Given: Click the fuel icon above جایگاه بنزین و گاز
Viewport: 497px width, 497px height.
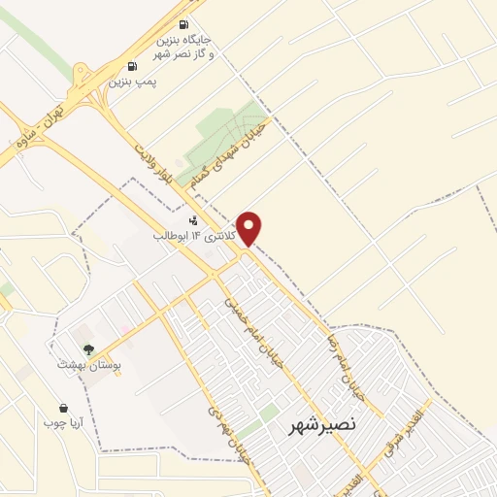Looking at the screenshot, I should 185,24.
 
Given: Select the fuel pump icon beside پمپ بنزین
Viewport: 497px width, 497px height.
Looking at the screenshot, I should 130,66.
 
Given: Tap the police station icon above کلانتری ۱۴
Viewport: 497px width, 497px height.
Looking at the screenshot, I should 192,219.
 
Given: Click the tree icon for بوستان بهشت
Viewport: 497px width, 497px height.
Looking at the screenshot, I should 89,348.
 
